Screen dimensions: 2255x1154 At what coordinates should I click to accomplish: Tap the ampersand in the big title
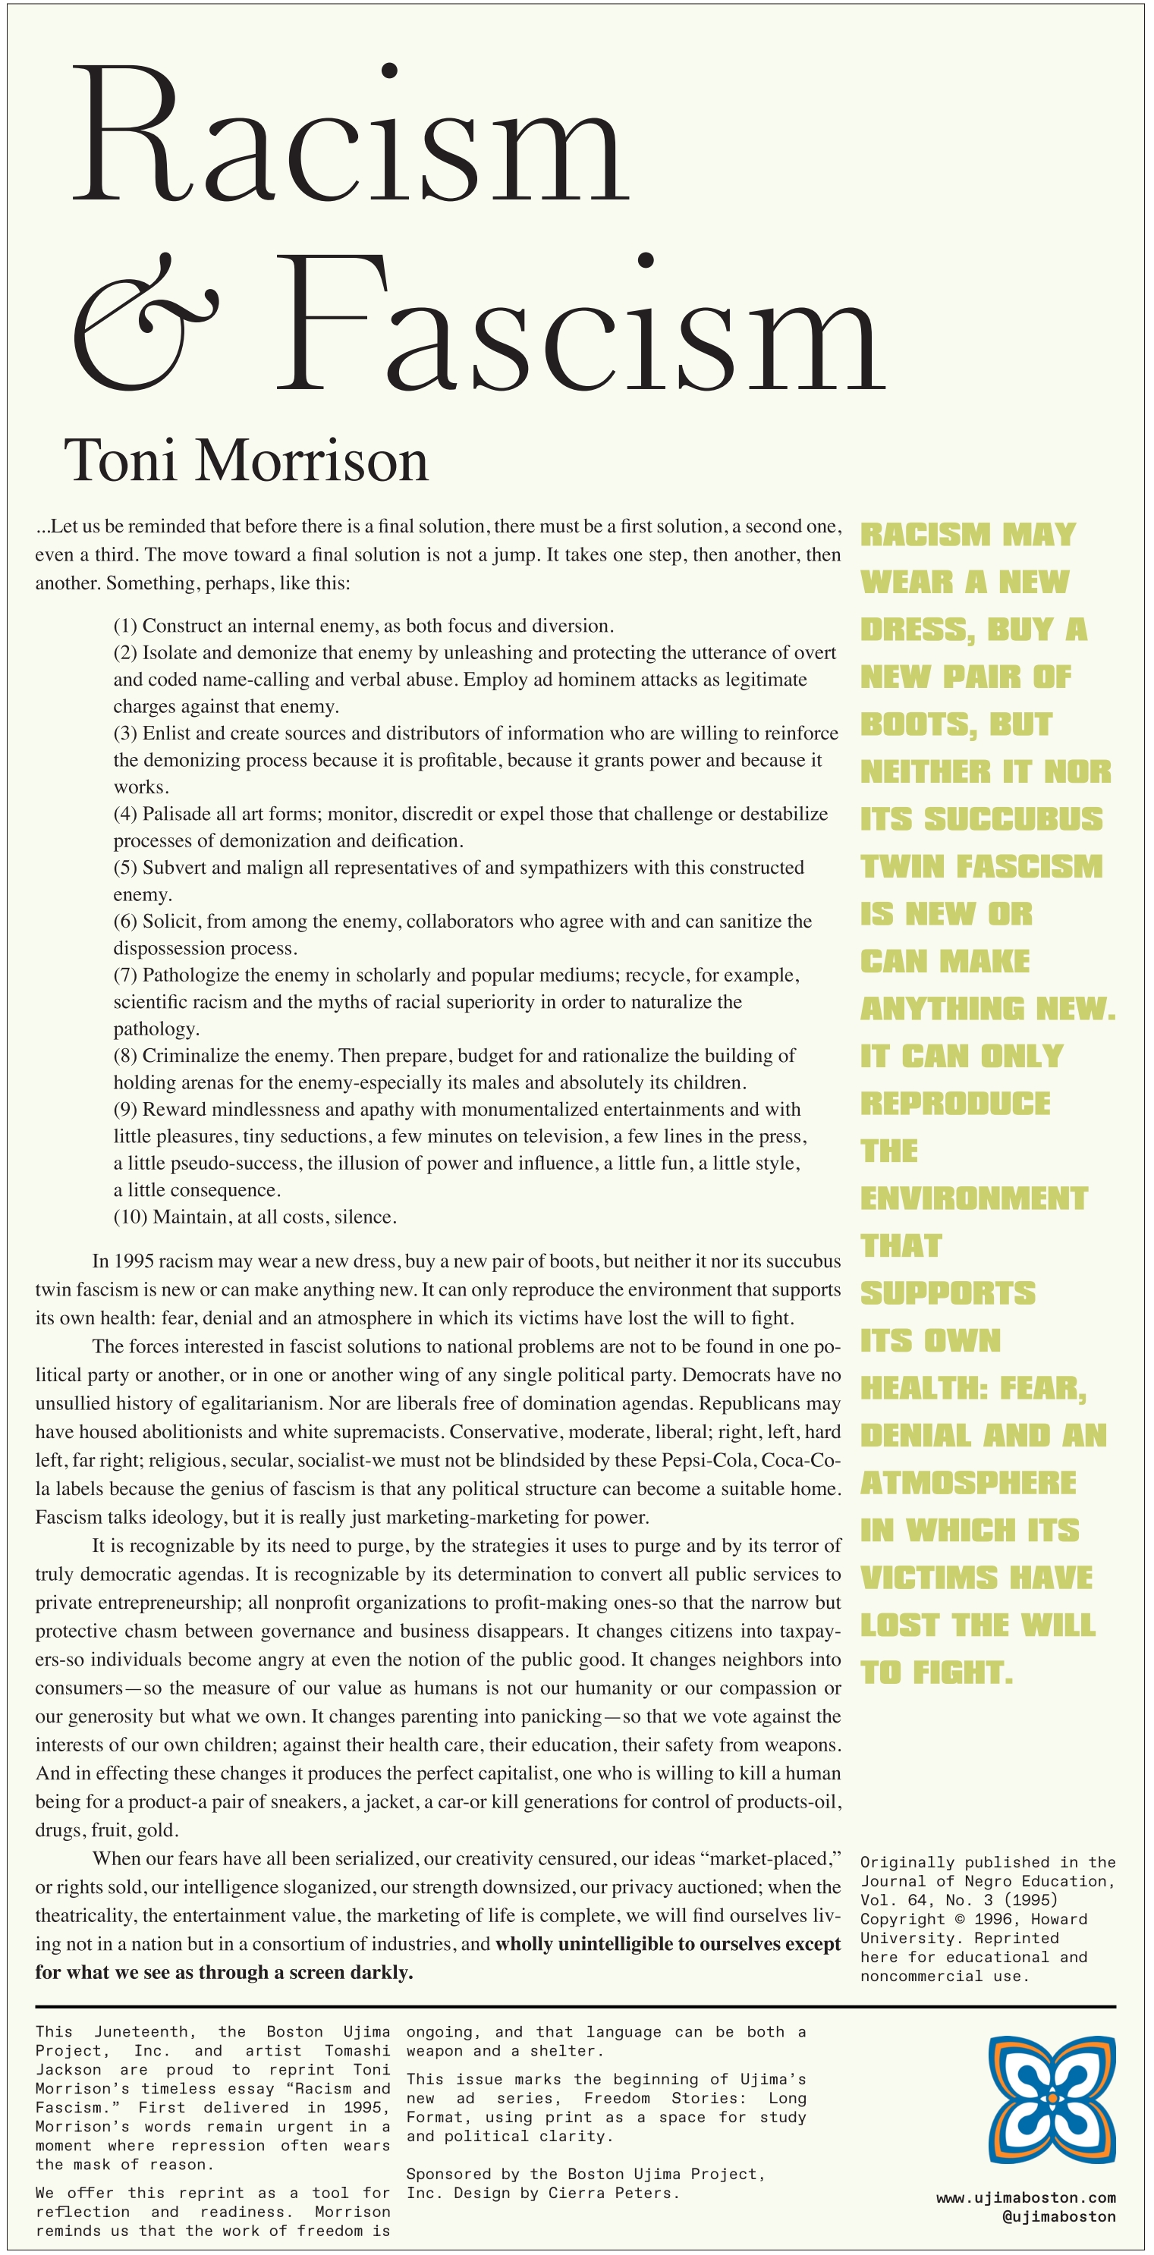click(x=144, y=322)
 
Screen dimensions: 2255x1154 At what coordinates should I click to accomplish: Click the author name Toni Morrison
click(x=246, y=460)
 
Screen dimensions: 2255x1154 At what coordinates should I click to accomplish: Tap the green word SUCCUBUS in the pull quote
click(x=1013, y=819)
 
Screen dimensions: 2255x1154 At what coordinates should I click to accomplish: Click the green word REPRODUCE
click(x=954, y=1104)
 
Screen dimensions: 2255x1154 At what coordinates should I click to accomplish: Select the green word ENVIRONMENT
click(x=973, y=1198)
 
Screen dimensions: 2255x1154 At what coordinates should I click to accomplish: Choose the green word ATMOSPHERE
click(x=967, y=1483)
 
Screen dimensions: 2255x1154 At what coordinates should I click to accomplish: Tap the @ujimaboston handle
click(x=1058, y=2216)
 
